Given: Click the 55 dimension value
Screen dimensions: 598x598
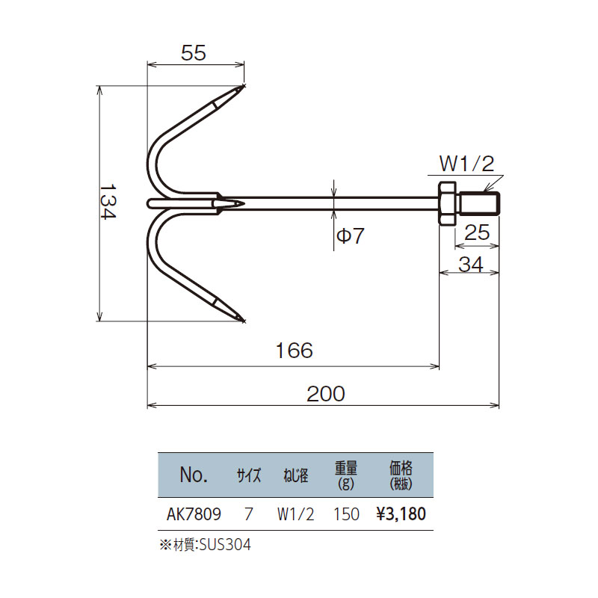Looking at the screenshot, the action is (x=194, y=53).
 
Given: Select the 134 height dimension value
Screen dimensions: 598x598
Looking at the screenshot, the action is (x=108, y=202).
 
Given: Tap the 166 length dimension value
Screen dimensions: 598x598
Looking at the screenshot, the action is (x=294, y=351).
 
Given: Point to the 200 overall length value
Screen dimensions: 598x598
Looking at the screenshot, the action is (x=326, y=394).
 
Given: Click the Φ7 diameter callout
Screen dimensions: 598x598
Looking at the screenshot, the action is (x=350, y=235).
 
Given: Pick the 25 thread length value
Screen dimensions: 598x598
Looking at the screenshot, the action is (x=477, y=232).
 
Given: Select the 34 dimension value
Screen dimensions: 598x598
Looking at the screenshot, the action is (x=471, y=265).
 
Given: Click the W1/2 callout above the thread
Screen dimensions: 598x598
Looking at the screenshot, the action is (x=466, y=164).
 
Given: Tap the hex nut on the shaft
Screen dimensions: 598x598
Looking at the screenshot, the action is (x=446, y=203).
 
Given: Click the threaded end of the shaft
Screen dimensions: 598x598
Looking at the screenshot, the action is (x=479, y=203).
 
